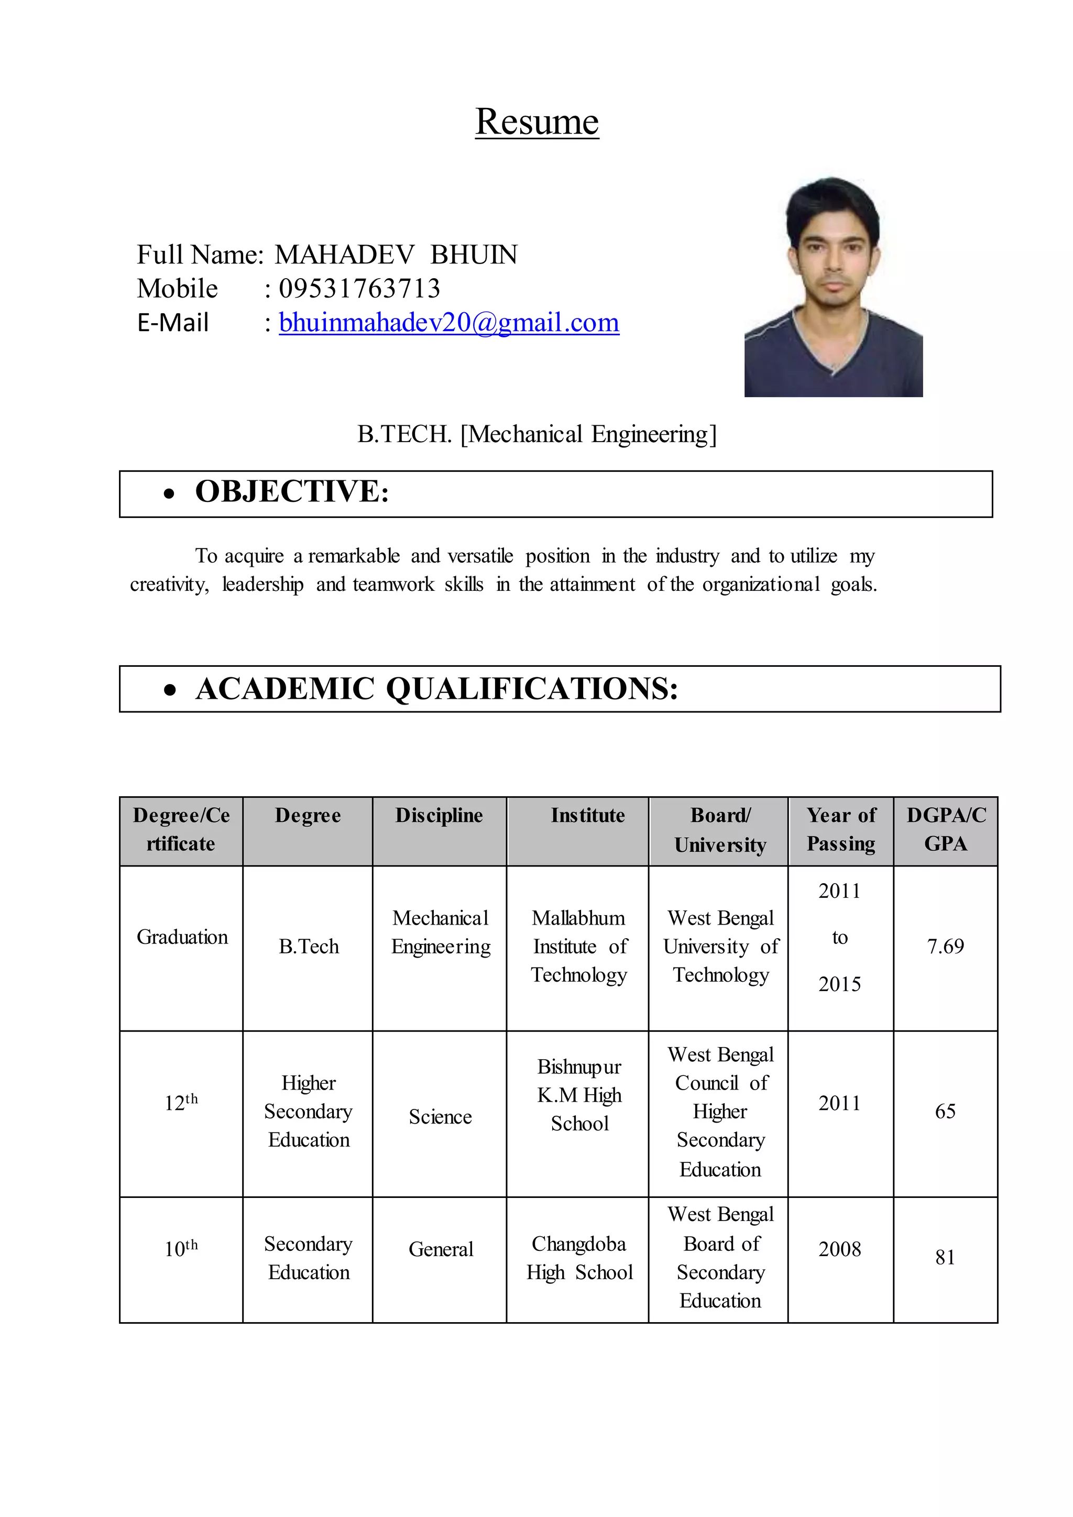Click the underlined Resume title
536,122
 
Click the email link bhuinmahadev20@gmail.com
448,323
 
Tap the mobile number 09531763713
359,289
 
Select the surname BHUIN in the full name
474,255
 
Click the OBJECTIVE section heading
292,491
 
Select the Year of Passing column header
840,829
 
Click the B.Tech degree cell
309,946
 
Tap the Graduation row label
182,937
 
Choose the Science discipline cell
440,1117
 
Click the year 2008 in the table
839,1249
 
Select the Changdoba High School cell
579,1258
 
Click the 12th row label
180,1103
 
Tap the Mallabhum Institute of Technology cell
579,946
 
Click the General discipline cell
441,1249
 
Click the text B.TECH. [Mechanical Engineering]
536,434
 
